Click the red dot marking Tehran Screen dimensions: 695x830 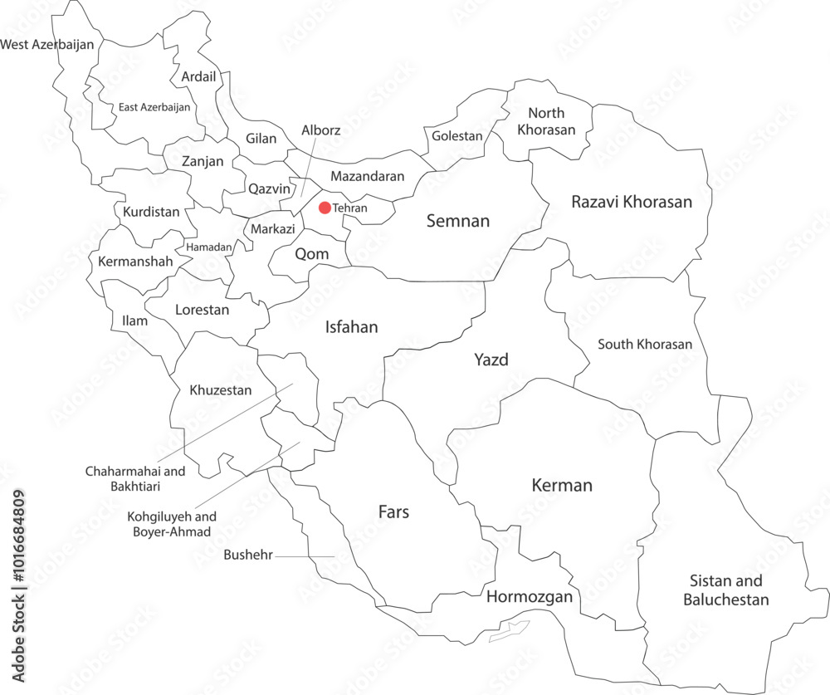325,208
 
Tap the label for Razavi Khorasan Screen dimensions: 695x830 631,202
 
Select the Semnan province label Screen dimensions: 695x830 458,221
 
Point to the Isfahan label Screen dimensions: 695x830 350,327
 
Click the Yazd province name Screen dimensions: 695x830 491,360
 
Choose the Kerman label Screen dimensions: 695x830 562,485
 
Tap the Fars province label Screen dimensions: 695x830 393,511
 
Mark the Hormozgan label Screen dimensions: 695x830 530,597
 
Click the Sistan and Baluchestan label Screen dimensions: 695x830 725,590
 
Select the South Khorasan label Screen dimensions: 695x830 645,344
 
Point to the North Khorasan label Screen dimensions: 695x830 546,121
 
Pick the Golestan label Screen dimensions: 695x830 456,136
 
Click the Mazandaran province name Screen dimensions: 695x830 367,176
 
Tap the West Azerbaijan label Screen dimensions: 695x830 47,44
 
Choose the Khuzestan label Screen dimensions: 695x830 220,389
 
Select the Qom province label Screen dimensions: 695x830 311,253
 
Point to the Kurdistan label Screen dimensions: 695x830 151,212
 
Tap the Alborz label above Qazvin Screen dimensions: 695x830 320,130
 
